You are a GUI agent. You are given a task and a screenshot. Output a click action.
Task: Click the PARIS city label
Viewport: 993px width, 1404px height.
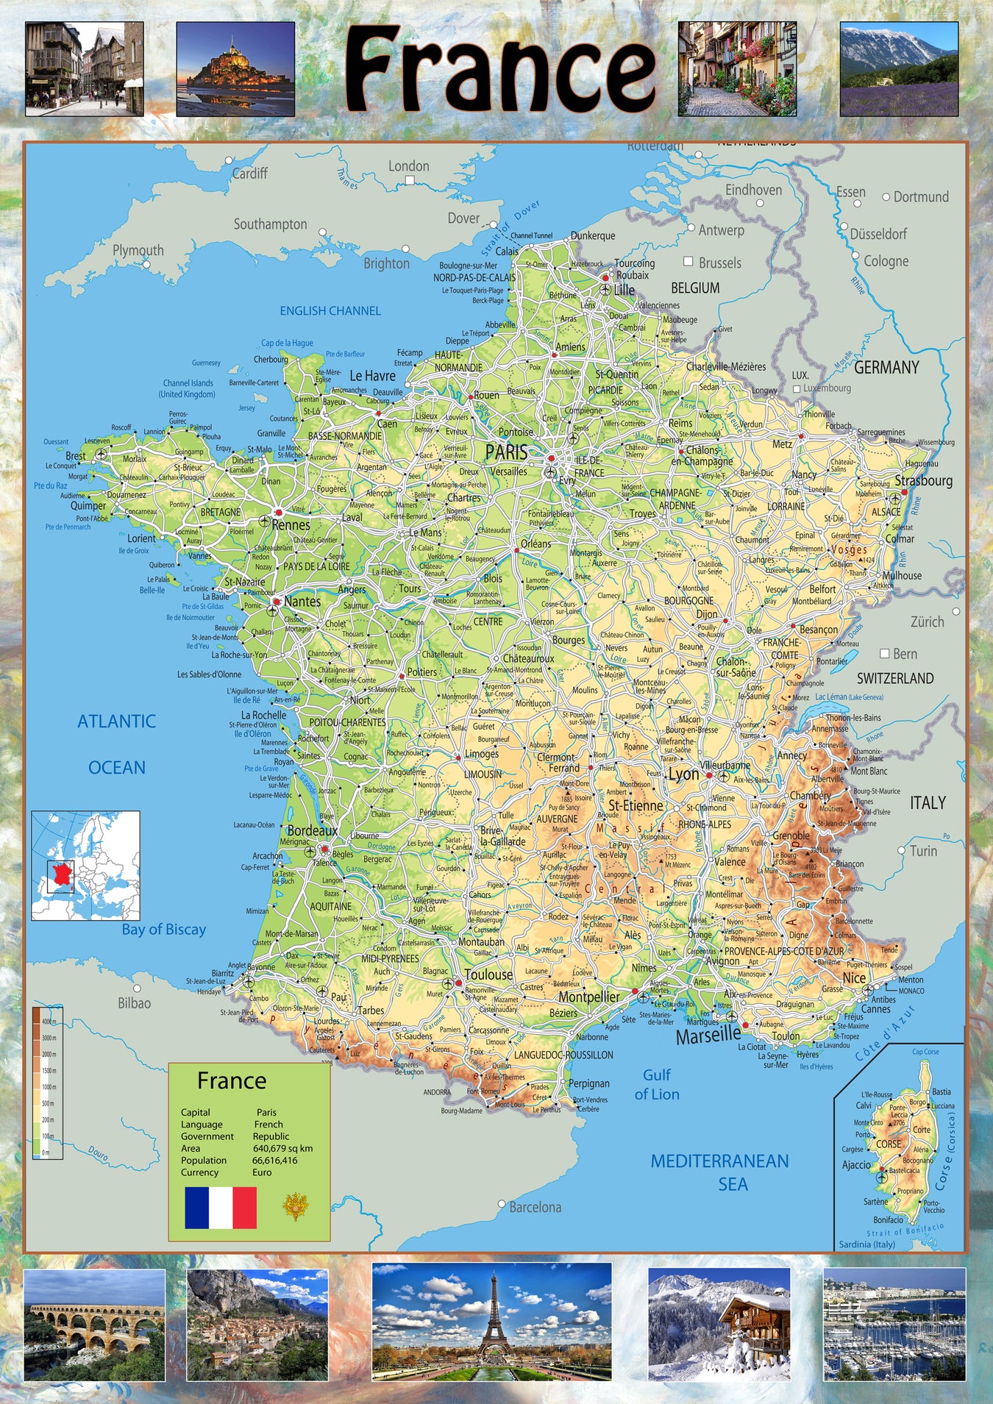pyautogui.click(x=507, y=452)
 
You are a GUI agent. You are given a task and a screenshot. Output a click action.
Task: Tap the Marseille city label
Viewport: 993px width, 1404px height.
pyautogui.click(x=708, y=1036)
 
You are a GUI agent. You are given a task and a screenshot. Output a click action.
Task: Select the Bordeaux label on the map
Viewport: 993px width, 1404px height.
pyautogui.click(x=313, y=830)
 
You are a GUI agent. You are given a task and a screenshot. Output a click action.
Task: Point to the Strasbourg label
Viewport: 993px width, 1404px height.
pyautogui.click(x=923, y=480)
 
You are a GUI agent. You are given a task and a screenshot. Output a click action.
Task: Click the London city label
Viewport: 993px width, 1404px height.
pyautogui.click(x=408, y=166)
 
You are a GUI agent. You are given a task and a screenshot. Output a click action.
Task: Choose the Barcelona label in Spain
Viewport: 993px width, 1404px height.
pyautogui.click(x=535, y=1207)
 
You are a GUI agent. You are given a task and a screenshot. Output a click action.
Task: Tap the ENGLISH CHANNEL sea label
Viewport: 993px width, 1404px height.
pyautogui.click(x=330, y=311)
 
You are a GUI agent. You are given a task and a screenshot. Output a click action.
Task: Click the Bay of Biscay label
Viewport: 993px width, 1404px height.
pyautogui.click(x=164, y=930)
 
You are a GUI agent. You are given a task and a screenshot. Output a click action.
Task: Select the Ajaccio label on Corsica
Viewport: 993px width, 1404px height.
pyautogui.click(x=856, y=1165)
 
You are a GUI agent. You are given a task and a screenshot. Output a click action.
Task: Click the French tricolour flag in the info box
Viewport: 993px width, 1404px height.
pyautogui.click(x=221, y=1208)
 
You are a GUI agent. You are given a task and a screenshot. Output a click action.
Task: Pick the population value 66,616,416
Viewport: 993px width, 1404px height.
pyautogui.click(x=275, y=1161)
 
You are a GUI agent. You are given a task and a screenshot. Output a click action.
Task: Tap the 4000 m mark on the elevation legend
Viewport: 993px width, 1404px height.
pyautogui.click(x=49, y=1022)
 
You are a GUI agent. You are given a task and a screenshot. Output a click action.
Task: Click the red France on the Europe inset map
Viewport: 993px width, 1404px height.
pyautogui.click(x=63, y=874)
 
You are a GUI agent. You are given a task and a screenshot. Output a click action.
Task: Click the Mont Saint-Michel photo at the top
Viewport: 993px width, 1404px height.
pyautogui.click(x=235, y=68)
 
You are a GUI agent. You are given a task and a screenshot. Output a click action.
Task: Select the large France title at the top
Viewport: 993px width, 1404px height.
pyautogui.click(x=499, y=69)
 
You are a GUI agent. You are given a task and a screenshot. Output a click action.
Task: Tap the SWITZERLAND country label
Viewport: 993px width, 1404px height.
pyautogui.click(x=894, y=678)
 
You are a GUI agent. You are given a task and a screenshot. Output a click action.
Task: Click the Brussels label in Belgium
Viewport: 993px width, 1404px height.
pyautogui.click(x=719, y=263)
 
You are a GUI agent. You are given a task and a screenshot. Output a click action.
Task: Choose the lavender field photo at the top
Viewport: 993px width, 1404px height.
pyautogui.click(x=899, y=68)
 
